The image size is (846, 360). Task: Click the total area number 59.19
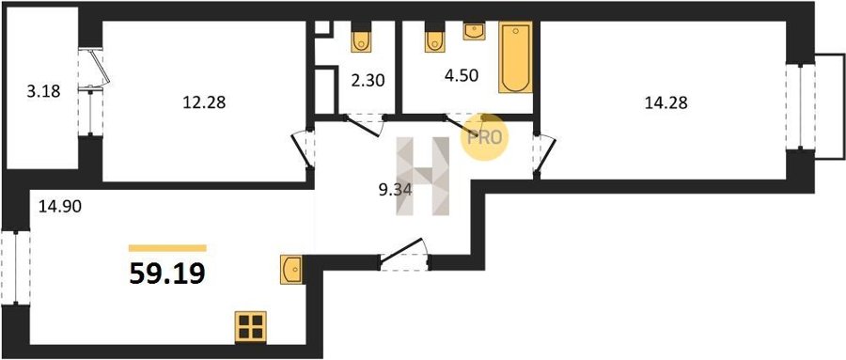(x=167, y=274)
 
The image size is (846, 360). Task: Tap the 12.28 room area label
(x=204, y=102)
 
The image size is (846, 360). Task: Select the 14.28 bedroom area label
(x=666, y=102)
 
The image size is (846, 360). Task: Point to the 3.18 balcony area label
(x=43, y=91)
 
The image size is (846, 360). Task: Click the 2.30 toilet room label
(x=367, y=81)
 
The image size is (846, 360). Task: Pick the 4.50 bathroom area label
(x=462, y=75)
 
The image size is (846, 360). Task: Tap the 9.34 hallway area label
(x=396, y=190)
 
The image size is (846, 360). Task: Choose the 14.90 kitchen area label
(x=60, y=206)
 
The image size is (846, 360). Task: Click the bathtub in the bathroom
(x=515, y=57)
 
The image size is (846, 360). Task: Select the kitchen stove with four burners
(x=251, y=327)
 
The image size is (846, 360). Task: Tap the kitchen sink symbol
(x=291, y=269)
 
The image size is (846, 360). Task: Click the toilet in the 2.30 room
(x=361, y=38)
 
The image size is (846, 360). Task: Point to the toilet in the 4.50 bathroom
(x=435, y=38)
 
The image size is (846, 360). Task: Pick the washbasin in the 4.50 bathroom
(x=475, y=31)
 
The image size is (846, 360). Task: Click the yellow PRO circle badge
(x=484, y=137)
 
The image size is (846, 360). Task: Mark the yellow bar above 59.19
(x=167, y=248)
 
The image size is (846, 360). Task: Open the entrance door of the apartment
(x=403, y=255)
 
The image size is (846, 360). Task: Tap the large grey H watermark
(x=424, y=176)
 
